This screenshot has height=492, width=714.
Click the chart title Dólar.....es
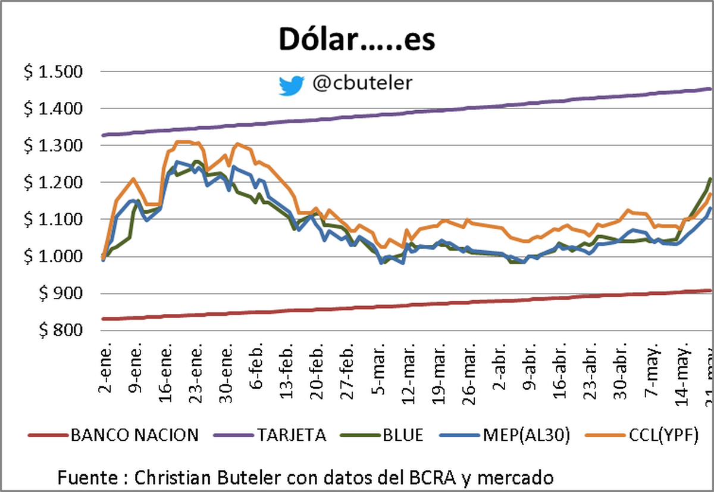click(356, 39)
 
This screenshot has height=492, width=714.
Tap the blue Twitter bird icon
click(292, 85)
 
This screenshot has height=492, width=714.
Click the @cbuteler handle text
click(362, 83)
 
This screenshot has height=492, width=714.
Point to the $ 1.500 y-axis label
click(53, 72)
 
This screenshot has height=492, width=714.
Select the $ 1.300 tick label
click(53, 146)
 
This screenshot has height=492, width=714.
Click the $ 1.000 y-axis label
click(53, 257)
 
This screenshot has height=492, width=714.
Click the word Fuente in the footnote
click(90, 478)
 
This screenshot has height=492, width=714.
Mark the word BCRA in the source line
click(449, 478)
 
